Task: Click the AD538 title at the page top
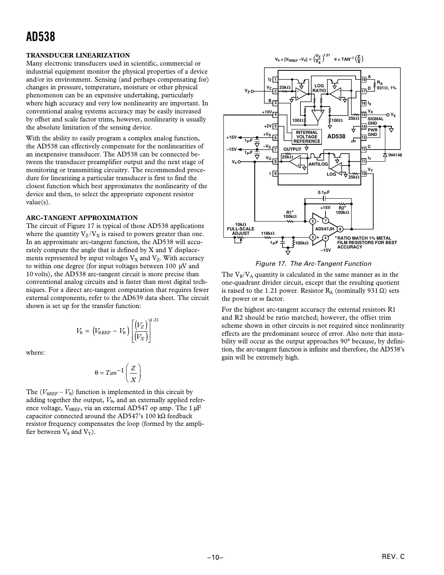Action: [41, 37]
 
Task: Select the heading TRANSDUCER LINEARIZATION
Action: [78, 55]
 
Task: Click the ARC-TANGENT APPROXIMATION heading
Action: [82, 218]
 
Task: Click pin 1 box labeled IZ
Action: [275, 79]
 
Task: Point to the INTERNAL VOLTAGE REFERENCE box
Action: [307, 137]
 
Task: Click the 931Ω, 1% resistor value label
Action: [387, 88]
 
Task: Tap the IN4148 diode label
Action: [395, 155]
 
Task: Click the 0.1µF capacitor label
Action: [323, 193]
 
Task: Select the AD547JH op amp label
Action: [325, 229]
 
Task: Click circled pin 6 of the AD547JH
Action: [340, 229]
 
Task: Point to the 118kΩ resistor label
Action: [268, 233]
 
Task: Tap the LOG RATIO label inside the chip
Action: [319, 88]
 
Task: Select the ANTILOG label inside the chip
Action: [318, 164]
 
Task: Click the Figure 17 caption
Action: [313, 264]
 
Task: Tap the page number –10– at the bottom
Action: [215, 557]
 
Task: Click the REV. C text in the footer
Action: [393, 557]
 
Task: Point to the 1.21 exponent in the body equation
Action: [155, 320]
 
